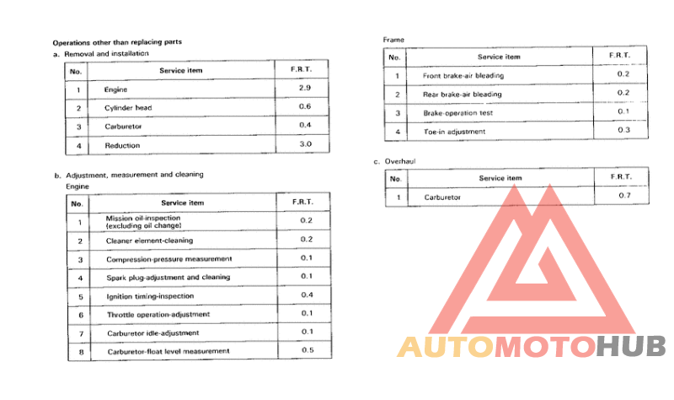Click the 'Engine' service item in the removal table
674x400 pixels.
pyautogui.click(x=115, y=89)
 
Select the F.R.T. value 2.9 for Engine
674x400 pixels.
pyautogui.click(x=305, y=88)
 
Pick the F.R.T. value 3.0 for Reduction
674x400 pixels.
pyautogui.click(x=305, y=144)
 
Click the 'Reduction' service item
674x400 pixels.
pyautogui.click(x=121, y=145)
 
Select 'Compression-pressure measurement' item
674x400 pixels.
pyautogui.click(x=168, y=259)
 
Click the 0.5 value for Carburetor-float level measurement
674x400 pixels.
pyautogui.click(x=307, y=349)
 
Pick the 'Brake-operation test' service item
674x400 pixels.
pyautogui.click(x=457, y=113)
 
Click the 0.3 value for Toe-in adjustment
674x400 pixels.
pyautogui.click(x=623, y=130)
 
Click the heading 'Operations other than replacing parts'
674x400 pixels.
pyautogui.click(x=117, y=41)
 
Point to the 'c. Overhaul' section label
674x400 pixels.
pyautogui.click(x=395, y=160)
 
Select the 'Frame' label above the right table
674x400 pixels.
pyautogui.click(x=393, y=40)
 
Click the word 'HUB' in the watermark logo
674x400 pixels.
pyautogui.click(x=631, y=348)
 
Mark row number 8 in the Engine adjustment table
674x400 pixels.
pyautogui.click(x=78, y=351)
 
